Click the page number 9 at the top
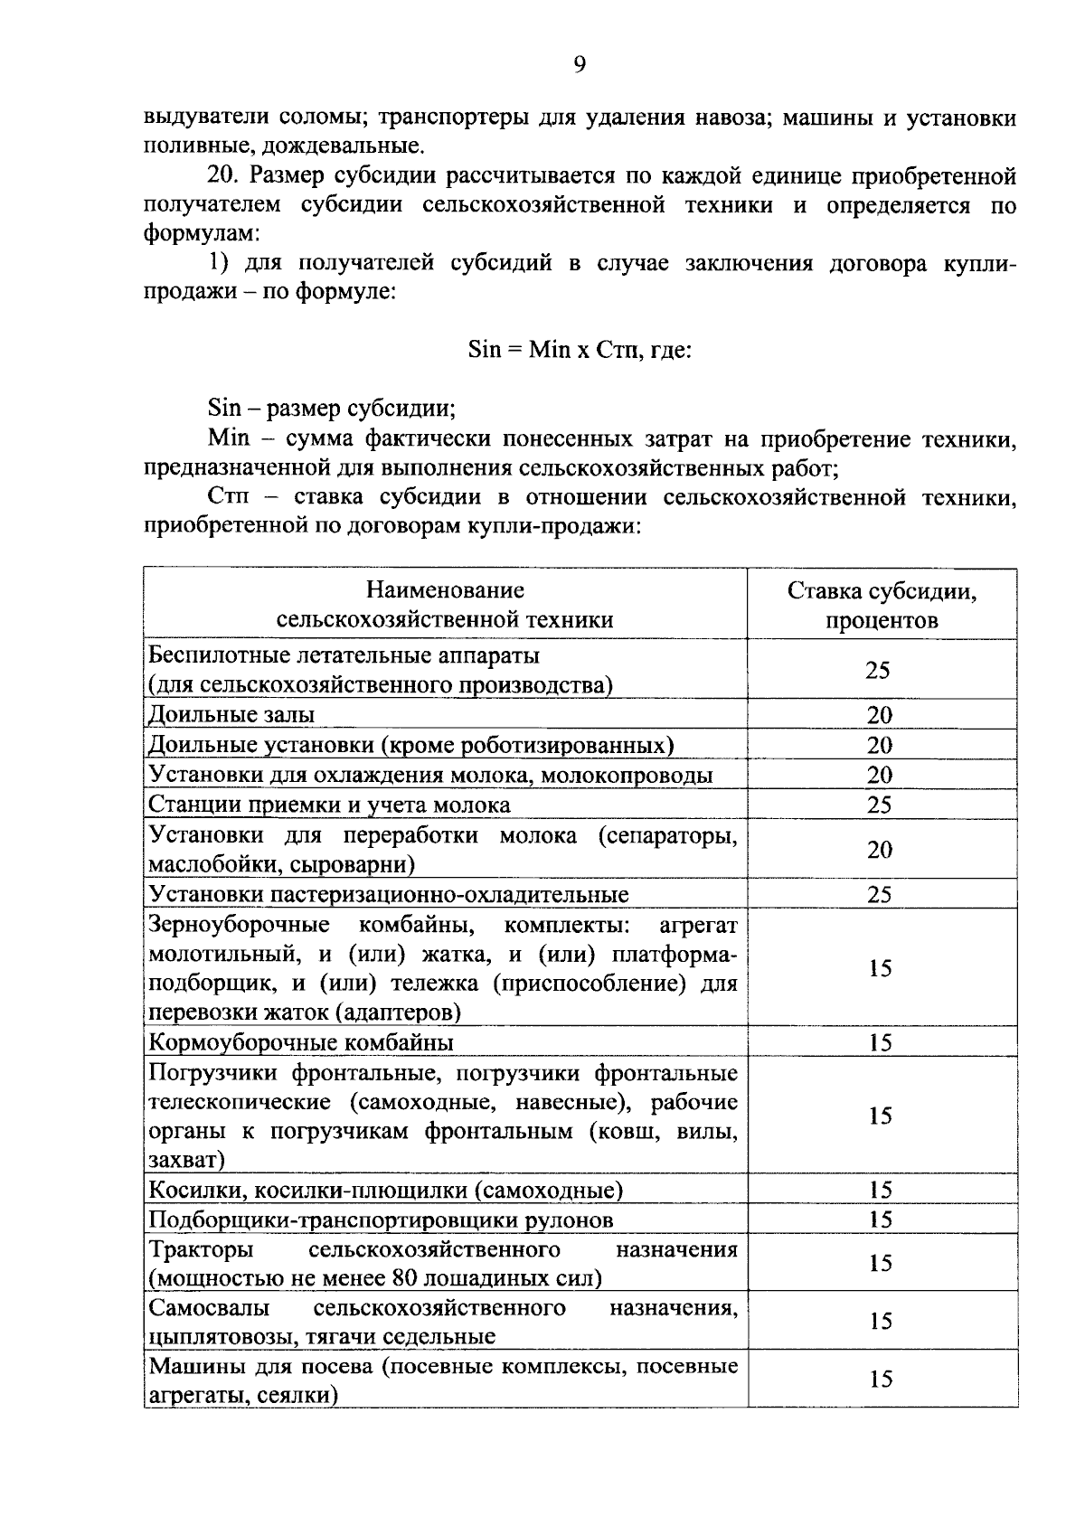(x=580, y=64)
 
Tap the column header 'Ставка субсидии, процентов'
(x=882, y=605)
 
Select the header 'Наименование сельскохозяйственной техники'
(x=445, y=605)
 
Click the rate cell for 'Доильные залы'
(x=880, y=715)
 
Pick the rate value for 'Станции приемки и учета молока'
(x=880, y=805)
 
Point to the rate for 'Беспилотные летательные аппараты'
(x=878, y=670)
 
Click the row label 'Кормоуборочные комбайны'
(x=301, y=1042)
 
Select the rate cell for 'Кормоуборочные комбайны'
(x=881, y=1042)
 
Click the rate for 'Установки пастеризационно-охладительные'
(x=880, y=895)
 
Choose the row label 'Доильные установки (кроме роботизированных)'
(x=411, y=745)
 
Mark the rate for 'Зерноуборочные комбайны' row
(x=881, y=968)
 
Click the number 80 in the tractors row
(x=405, y=1278)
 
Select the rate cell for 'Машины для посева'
(x=881, y=1379)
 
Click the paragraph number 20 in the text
(x=222, y=175)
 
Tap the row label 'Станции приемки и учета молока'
(x=329, y=805)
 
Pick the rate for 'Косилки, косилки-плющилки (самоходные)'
(x=881, y=1190)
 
